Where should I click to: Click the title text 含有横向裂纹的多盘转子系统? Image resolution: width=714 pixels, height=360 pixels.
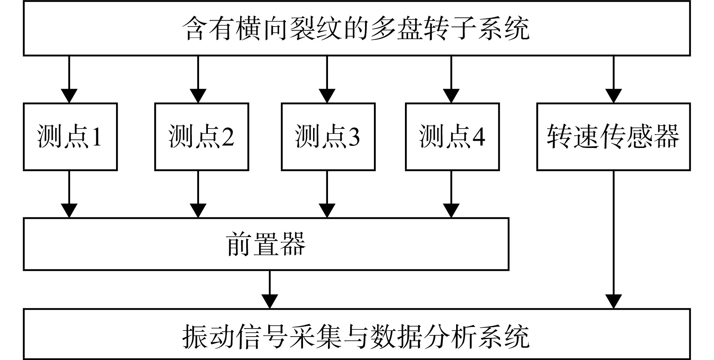[357, 28]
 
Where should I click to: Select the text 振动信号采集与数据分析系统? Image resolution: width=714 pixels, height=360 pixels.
[357, 336]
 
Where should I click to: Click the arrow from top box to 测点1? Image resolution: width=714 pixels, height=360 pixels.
[69, 79]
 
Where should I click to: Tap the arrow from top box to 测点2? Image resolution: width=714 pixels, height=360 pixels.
[198, 79]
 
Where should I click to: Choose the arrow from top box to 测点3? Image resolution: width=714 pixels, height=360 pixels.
[327, 79]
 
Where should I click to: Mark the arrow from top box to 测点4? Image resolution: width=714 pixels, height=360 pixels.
[451, 79]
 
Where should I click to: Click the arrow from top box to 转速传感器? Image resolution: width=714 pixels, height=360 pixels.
[613, 79]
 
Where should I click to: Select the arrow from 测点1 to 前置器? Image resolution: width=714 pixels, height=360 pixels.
[69, 194]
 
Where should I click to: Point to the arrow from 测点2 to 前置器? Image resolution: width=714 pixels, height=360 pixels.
[198, 194]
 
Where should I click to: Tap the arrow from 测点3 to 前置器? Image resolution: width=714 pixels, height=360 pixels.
[327, 194]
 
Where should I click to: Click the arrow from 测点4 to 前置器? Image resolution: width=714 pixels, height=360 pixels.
[451, 194]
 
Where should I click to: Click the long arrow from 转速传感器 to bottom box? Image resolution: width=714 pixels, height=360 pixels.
[613, 240]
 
